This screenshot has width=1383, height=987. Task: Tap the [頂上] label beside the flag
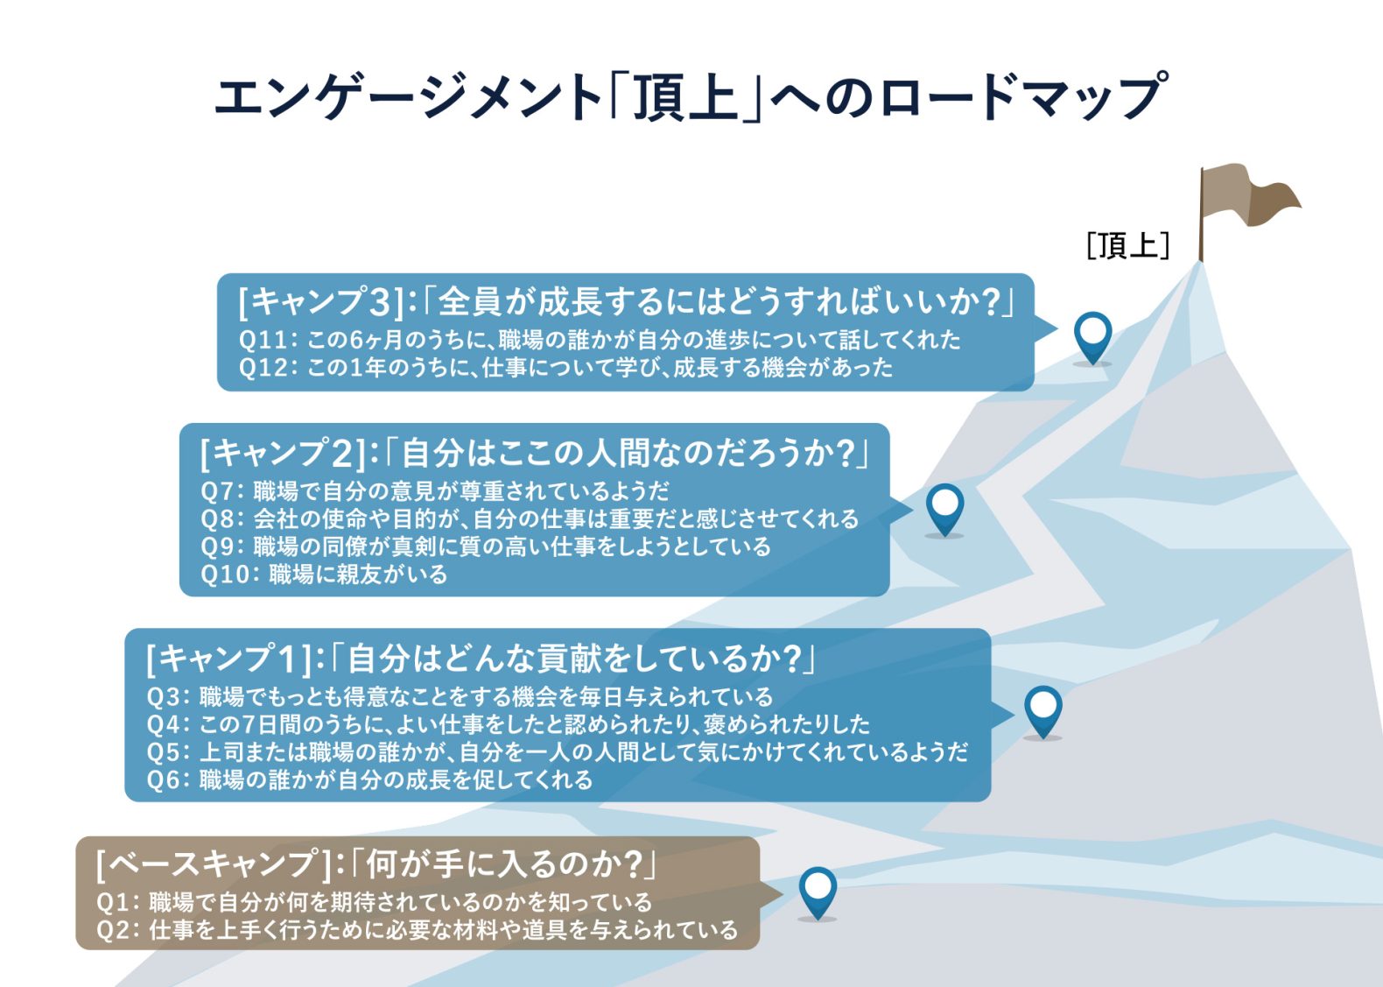point(1128,245)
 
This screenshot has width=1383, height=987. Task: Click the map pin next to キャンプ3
point(1092,338)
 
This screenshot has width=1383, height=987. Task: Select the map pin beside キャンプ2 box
point(944,510)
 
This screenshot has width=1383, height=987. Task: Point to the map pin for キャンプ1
point(1043,712)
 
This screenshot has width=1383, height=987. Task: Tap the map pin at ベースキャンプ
point(818,893)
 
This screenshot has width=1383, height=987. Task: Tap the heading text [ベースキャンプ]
point(215,864)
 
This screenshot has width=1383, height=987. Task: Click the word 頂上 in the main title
point(684,97)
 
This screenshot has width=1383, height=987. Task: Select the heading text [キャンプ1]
point(228,659)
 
